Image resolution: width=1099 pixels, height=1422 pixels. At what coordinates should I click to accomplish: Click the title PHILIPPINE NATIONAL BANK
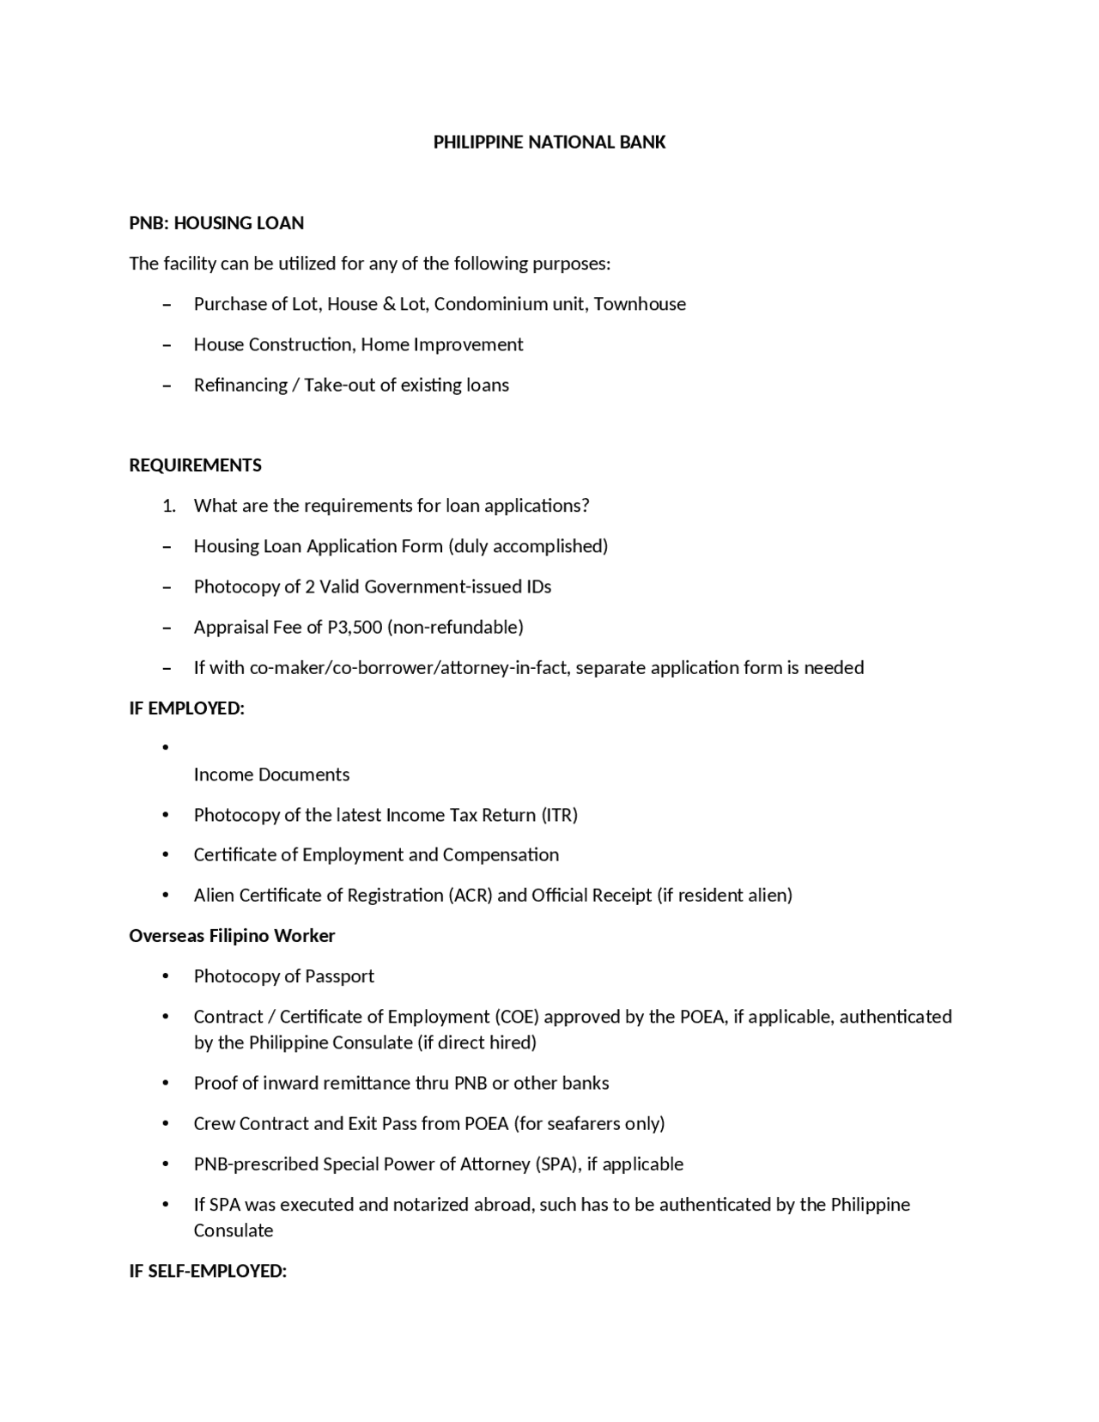[549, 143]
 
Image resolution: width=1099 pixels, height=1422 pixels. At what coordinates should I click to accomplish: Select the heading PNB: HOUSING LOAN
[216, 223]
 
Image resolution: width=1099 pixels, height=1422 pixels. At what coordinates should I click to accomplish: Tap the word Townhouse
[640, 304]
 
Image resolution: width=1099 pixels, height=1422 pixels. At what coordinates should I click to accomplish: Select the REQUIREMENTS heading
[195, 465]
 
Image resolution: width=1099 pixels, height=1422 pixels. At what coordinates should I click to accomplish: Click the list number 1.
[168, 506]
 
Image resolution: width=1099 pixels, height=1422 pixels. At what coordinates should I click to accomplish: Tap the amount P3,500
[355, 628]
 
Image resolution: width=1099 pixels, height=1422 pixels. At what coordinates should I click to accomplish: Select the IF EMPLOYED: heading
[186, 708]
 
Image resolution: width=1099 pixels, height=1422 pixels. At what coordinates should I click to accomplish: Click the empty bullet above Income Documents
[166, 748]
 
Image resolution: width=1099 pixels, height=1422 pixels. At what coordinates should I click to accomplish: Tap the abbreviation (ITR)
[559, 815]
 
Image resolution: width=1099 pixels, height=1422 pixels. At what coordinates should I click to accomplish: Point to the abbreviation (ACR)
[470, 896]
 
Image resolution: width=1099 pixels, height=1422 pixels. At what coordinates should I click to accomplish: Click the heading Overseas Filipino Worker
[232, 936]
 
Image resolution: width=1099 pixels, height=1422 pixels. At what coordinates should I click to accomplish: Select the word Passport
[340, 976]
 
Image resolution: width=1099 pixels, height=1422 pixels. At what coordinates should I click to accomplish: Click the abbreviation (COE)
[516, 1017]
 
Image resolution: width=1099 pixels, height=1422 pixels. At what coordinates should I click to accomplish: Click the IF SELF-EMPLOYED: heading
[208, 1271]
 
